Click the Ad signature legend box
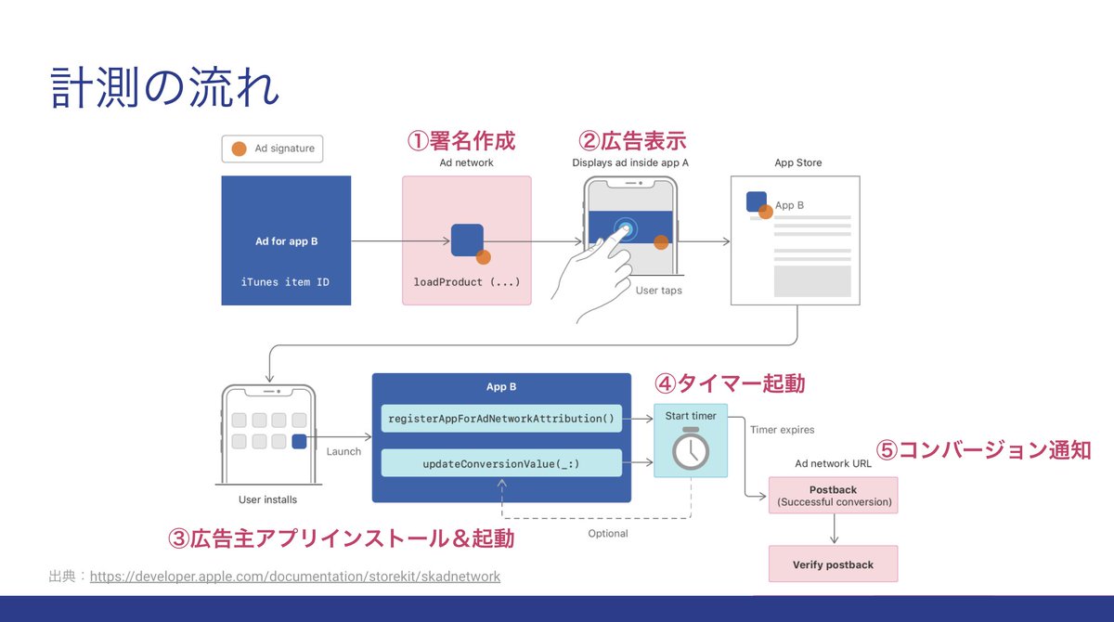point(272,149)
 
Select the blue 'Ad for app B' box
point(286,240)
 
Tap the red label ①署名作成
point(461,141)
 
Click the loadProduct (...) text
point(466,281)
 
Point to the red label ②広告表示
point(632,141)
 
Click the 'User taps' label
point(658,291)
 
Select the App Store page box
point(797,240)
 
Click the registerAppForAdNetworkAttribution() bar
point(501,418)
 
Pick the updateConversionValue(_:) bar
point(501,462)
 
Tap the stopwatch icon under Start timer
point(691,449)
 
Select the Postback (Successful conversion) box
point(833,495)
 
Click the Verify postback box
point(833,564)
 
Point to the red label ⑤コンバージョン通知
point(983,450)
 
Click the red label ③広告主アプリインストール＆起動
point(341,538)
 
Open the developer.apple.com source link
point(295,577)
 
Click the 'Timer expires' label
point(782,430)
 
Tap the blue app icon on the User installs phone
point(298,442)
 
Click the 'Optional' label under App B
point(608,534)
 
